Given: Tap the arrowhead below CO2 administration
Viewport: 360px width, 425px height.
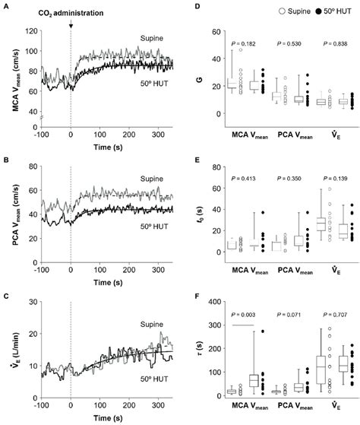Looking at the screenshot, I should click(71, 27).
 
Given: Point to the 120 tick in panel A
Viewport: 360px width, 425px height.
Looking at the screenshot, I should click(32, 32).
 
